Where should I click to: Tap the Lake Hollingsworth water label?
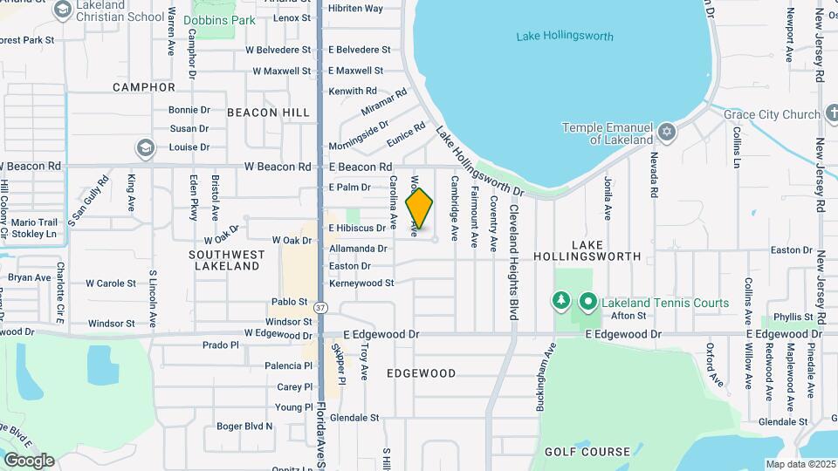tap(564, 37)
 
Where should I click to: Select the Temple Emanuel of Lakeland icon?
tap(667, 132)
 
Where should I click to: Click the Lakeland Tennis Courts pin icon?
tap(588, 303)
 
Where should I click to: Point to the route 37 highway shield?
tap(320, 308)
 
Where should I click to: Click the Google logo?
tap(29, 460)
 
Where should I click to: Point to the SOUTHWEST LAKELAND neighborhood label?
tap(226, 260)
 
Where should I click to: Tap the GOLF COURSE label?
tap(587, 452)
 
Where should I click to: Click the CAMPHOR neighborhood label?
tap(144, 87)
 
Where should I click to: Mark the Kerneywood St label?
tap(361, 283)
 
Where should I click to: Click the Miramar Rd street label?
tap(384, 103)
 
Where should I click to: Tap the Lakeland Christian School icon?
tap(62, 10)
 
